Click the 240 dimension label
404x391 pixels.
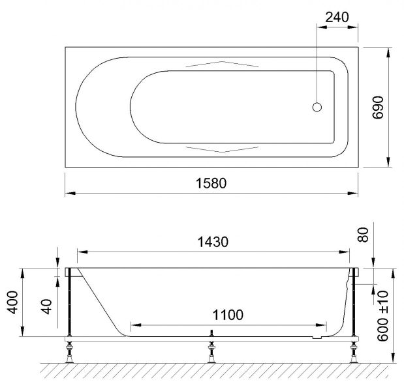337,18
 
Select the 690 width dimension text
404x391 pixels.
378,108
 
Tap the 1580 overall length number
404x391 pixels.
211,183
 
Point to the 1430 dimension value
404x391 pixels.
213,242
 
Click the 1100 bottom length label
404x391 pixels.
228,315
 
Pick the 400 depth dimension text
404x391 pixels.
12,302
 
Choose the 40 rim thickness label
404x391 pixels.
46,307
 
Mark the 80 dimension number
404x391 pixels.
364,235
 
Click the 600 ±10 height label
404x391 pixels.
382,316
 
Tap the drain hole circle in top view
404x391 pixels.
317,107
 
